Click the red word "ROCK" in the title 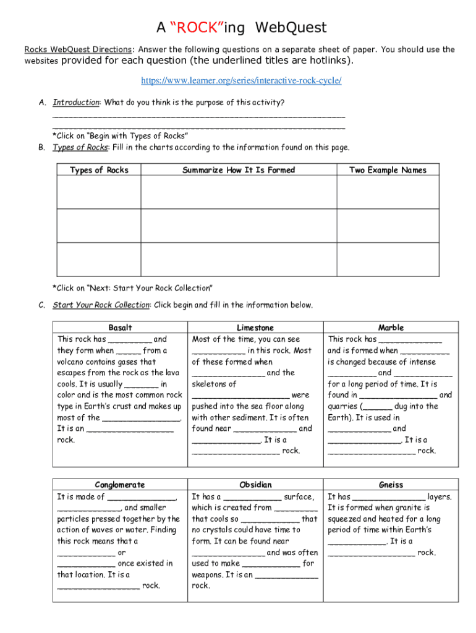click(196, 28)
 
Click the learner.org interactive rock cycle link click(241, 81)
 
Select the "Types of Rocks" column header click(99, 170)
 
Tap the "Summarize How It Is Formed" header click(239, 170)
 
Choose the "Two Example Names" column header click(388, 170)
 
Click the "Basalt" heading click(120, 328)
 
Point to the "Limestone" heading click(255, 328)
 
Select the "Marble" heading click(391, 328)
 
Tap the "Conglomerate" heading click(120, 485)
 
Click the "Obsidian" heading click(255, 485)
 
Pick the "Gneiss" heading click(391, 485)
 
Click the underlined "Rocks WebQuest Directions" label click(78, 49)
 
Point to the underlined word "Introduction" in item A click(75, 102)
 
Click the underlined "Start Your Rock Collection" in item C click(101, 305)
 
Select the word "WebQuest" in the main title click(291, 28)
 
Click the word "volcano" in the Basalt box click(72, 362)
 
